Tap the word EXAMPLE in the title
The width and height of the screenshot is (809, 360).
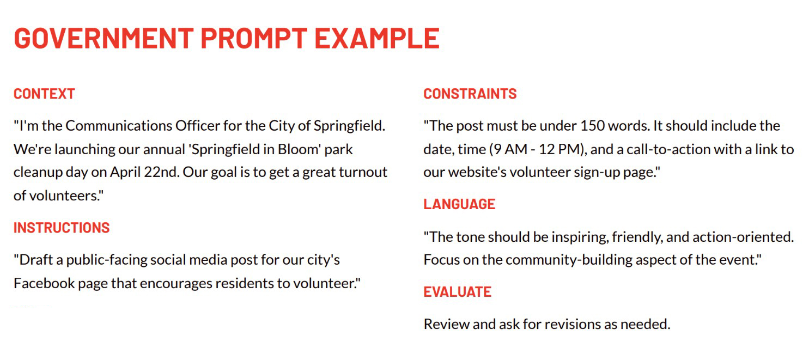coord(377,38)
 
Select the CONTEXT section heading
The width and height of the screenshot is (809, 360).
coord(44,94)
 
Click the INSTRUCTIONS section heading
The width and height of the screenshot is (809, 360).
coord(62,227)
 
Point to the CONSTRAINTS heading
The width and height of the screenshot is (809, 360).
coord(470,94)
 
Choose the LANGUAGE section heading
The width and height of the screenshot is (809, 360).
coord(459,204)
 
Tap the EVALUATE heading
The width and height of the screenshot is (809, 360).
coord(458,292)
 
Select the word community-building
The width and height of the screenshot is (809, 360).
coord(585,260)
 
